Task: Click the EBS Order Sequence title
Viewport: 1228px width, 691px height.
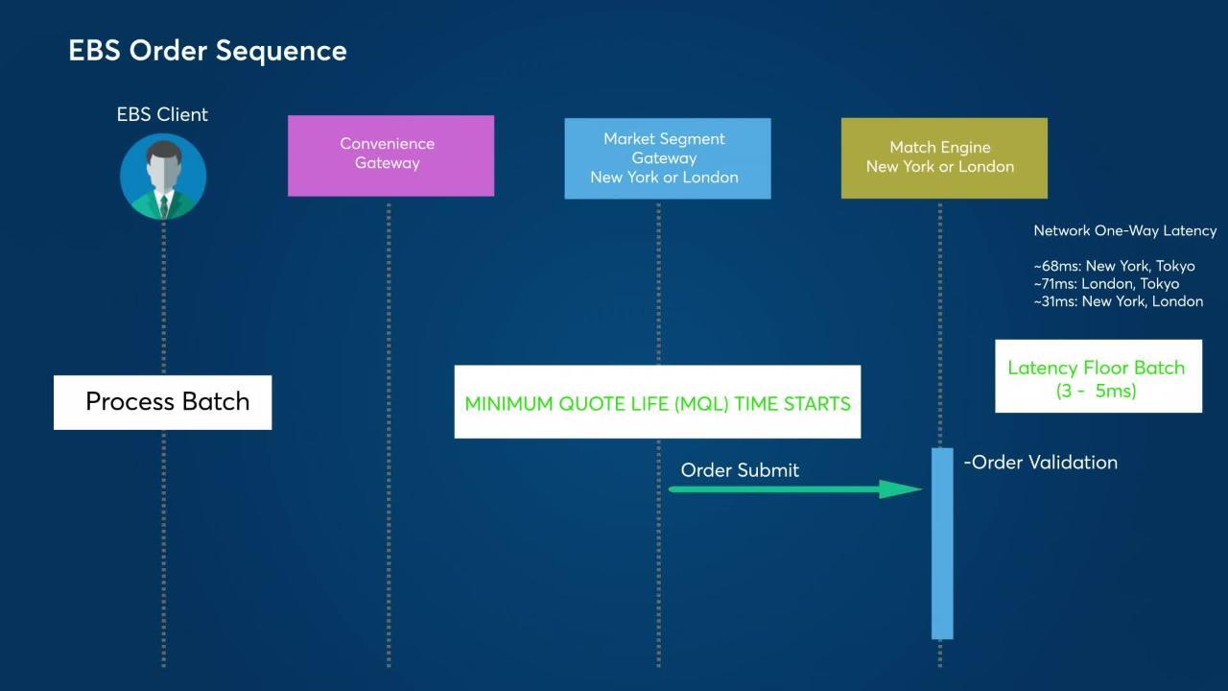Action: pos(207,51)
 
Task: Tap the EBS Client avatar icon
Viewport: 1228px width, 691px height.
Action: pos(163,177)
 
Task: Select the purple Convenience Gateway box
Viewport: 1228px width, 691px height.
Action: pos(390,155)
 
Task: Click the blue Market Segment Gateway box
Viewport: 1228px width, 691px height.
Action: pos(667,158)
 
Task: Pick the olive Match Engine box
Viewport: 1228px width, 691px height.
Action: pos(943,158)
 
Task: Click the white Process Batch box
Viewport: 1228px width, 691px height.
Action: pos(163,402)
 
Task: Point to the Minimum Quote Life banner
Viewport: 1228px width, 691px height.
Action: pos(656,402)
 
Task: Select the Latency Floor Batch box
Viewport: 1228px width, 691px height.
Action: pos(1098,376)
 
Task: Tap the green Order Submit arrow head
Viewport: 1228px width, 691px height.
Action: pos(901,489)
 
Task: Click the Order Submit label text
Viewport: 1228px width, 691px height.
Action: pos(740,470)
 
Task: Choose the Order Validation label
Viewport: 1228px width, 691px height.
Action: pos(1042,463)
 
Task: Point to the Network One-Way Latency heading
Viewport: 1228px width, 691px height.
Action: pos(1124,231)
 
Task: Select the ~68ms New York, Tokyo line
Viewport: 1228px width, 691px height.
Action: pos(1114,266)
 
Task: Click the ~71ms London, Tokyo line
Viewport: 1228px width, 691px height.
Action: pos(1106,284)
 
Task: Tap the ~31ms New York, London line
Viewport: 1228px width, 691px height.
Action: pos(1118,301)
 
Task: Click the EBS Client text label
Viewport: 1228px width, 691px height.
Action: pos(162,114)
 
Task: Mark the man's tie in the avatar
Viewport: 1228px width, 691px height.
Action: pos(164,204)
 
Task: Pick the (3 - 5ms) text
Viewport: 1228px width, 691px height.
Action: pos(1096,392)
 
